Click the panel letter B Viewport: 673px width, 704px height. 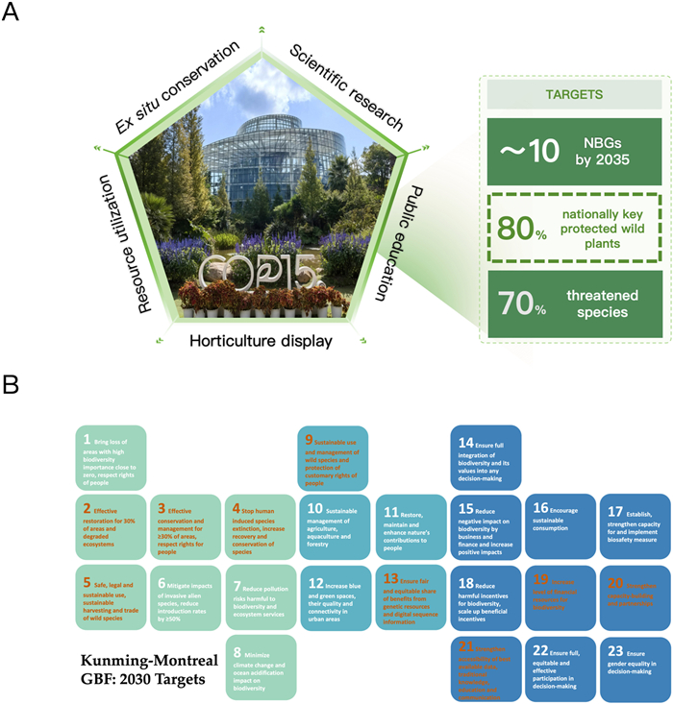tap(13, 386)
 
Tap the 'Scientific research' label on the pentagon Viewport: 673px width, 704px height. tap(347, 85)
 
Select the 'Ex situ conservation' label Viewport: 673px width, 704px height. tap(177, 87)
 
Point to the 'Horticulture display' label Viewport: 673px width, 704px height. tap(262, 341)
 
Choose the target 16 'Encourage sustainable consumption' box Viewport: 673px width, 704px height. tap(559, 523)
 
